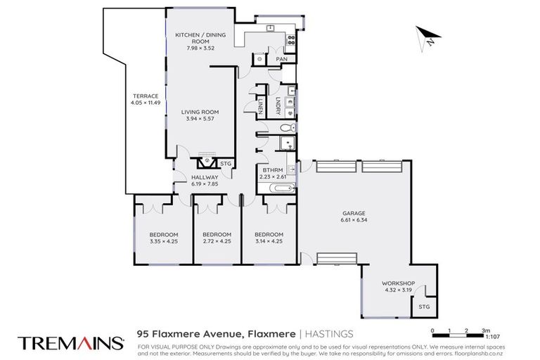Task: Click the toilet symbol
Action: tap(285, 128)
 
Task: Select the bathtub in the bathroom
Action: tap(276, 189)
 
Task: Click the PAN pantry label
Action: tap(281, 59)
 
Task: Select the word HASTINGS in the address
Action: tap(330, 334)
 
